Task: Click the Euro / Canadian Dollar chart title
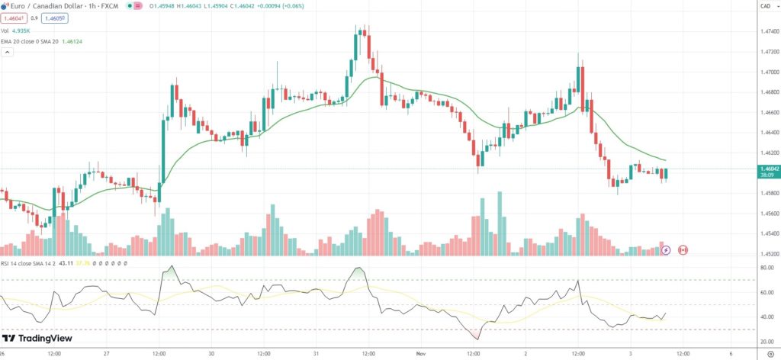(53, 7)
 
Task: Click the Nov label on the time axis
(421, 354)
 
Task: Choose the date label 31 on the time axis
(316, 354)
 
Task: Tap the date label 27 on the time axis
(106, 354)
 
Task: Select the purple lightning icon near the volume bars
(665, 249)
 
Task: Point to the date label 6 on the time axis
(732, 354)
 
